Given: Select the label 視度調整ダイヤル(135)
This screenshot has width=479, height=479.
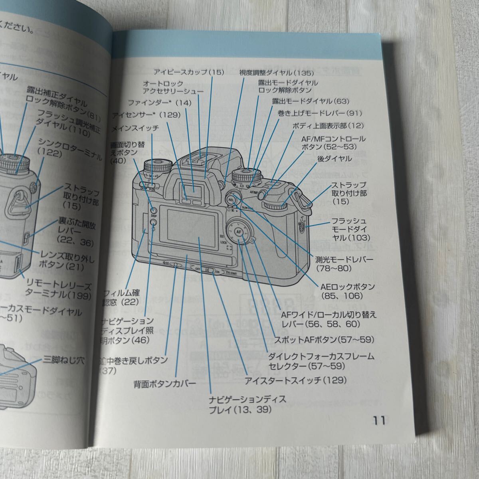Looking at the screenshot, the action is click(276, 73).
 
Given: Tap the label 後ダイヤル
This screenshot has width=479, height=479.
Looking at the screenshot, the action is click(335, 159).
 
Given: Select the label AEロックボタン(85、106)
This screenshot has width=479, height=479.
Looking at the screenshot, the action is click(347, 291).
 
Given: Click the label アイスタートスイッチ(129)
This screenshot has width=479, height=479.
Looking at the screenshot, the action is click(296, 380).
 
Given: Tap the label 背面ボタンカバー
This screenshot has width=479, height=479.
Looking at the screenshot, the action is click(165, 384).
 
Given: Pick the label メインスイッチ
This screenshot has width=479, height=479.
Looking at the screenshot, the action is click(135, 128).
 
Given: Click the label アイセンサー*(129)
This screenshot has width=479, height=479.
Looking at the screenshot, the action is click(146, 115).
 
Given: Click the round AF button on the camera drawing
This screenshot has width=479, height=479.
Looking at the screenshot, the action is click(239, 232).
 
